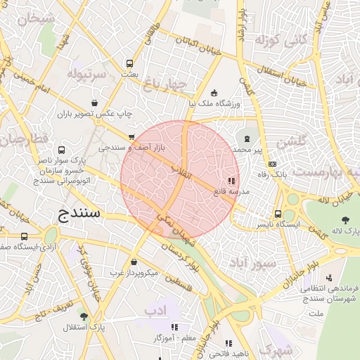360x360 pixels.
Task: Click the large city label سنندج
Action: pos(78,212)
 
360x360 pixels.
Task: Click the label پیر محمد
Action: pos(252,150)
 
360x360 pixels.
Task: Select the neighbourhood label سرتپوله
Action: pos(86,72)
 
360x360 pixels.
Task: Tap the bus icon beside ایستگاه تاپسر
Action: pos(278,214)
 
